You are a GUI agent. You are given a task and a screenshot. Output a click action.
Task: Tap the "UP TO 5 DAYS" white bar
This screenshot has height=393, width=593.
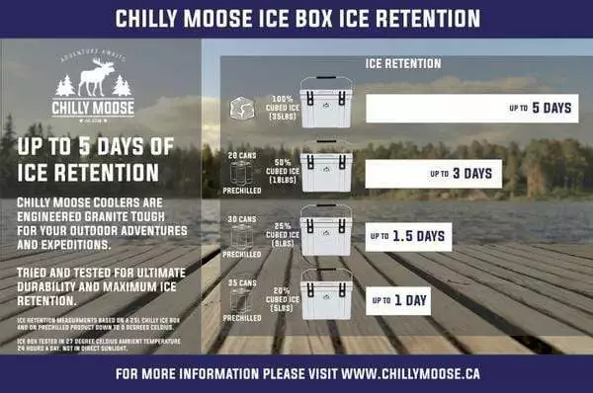tap(469, 108)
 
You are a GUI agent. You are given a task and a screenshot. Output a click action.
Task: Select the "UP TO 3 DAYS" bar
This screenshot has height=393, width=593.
tap(433, 174)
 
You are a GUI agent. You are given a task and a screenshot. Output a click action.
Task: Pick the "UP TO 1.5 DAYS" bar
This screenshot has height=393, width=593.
tap(408, 236)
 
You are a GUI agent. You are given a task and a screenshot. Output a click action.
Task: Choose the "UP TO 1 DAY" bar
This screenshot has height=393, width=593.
tap(400, 297)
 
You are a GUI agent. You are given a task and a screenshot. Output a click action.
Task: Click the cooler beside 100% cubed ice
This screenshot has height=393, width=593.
tap(325, 104)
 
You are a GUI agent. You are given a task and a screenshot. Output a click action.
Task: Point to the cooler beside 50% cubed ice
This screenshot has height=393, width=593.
tap(325, 169)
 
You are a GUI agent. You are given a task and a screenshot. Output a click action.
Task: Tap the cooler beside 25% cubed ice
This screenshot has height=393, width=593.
tap(325, 231)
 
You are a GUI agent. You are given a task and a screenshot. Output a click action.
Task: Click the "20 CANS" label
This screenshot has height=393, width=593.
tap(241, 156)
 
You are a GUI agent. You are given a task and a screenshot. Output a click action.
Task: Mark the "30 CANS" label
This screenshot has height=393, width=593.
tap(241, 219)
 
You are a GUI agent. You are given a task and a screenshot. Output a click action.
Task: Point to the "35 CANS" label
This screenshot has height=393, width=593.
tap(241, 283)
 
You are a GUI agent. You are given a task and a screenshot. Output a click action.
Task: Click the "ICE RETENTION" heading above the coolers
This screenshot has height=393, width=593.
tap(403, 63)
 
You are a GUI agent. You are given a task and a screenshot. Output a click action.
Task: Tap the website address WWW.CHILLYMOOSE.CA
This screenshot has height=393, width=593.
tap(421, 375)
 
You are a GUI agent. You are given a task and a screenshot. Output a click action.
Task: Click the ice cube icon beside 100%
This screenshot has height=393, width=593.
tap(242, 108)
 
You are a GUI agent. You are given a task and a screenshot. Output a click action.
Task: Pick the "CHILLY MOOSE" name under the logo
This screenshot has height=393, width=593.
tap(93, 110)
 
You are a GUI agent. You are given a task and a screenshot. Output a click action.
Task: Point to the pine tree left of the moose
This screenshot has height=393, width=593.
tap(66, 86)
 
